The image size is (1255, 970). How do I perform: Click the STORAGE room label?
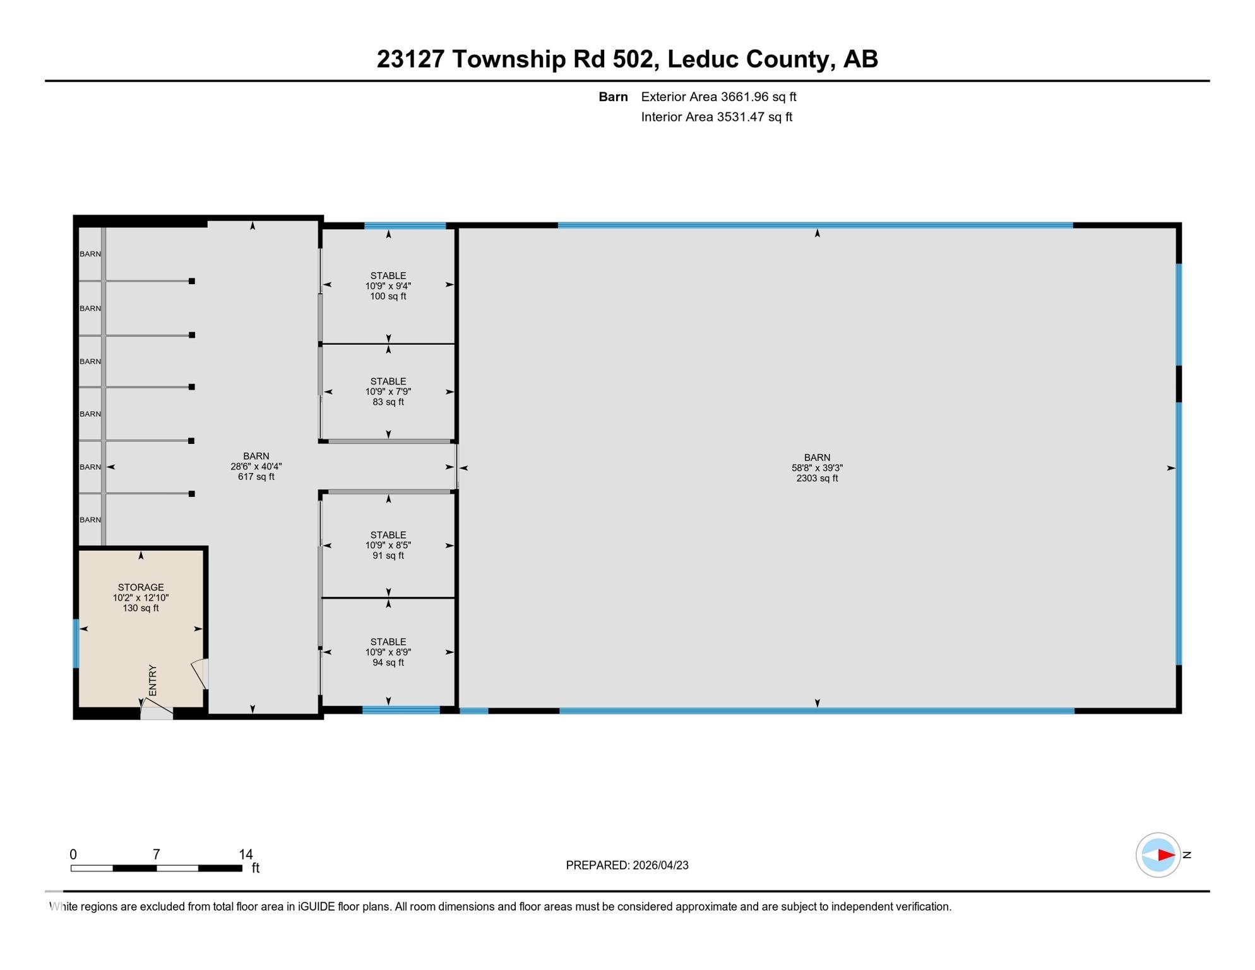pyautogui.click(x=140, y=597)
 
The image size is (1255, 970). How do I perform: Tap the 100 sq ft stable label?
pyautogui.click(x=388, y=285)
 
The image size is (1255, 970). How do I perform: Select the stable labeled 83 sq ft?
pyautogui.click(x=388, y=392)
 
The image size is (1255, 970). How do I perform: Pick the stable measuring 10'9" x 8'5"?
pyautogui.click(x=388, y=545)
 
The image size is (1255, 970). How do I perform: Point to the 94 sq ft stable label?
pyautogui.click(x=388, y=652)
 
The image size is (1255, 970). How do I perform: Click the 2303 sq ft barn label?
pyautogui.click(x=817, y=468)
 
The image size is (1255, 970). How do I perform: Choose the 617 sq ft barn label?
pyautogui.click(x=256, y=466)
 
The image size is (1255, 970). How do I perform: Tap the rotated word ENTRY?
pyautogui.click(x=152, y=680)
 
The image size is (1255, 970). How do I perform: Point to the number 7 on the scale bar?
pyautogui.click(x=156, y=854)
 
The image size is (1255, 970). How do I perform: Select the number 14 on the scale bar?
pyautogui.click(x=246, y=854)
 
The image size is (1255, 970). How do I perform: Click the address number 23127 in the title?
pyautogui.click(x=410, y=59)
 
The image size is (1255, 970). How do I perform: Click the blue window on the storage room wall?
pyautogui.click(x=76, y=644)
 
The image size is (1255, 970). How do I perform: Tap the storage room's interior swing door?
pyautogui.click(x=200, y=674)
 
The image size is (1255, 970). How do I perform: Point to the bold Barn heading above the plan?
pyautogui.click(x=613, y=97)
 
